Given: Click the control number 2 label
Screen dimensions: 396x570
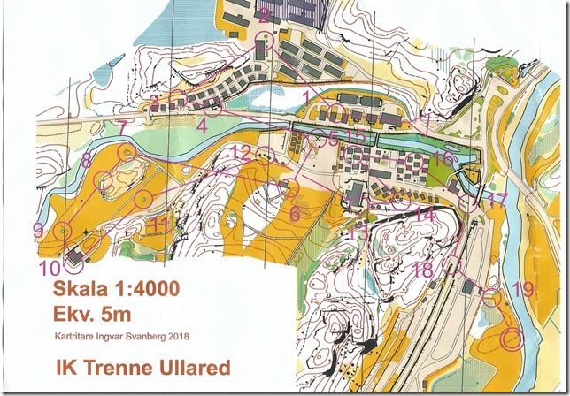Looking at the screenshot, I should [x=264, y=13].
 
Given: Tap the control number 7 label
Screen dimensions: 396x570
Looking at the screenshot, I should [x=122, y=128].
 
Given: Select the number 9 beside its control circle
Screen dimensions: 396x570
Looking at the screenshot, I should [x=37, y=230].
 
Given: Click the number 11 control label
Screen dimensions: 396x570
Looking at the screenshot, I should [x=158, y=224].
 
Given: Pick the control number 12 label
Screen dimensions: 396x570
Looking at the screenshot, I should [x=241, y=151].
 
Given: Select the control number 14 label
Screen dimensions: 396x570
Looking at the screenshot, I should [x=426, y=215].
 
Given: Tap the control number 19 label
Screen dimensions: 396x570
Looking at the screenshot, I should [x=523, y=289].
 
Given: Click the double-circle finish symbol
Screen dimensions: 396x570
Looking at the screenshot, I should [x=512, y=338].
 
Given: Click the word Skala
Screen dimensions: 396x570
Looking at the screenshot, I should [x=77, y=289].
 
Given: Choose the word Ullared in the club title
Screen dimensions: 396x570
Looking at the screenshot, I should [x=192, y=367].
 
